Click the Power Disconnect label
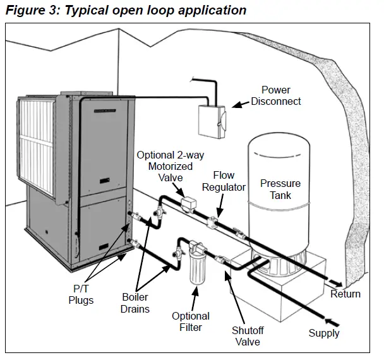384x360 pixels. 276,96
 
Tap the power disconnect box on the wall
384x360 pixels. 212,121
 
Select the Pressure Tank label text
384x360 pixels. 280,189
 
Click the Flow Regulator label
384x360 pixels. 224,181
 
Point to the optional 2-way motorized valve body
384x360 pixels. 189,203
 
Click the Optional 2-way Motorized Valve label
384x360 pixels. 171,166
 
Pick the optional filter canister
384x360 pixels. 196,263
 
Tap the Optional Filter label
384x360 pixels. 191,321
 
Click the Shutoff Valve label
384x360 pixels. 248,336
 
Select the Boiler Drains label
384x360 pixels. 135,303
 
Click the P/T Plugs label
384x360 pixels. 81,294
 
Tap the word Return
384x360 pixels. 345,294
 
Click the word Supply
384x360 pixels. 324,333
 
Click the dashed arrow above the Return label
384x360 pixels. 335,282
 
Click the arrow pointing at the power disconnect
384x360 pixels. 241,104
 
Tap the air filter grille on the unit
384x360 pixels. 36,146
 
